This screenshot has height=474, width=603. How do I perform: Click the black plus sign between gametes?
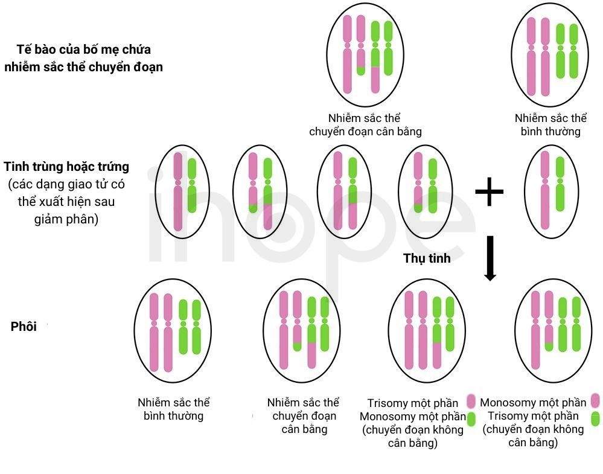(x=489, y=191)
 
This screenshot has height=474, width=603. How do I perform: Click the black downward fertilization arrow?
(x=490, y=258)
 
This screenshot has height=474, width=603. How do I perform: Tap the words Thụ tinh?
(x=427, y=258)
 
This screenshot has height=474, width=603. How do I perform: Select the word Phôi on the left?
(x=24, y=326)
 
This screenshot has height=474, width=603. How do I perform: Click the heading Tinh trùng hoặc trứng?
(x=66, y=167)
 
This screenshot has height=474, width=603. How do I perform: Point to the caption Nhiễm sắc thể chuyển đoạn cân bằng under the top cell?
(x=365, y=124)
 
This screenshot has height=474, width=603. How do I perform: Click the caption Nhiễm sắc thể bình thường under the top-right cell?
(x=550, y=124)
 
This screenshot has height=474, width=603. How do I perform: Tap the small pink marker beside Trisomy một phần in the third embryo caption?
(x=471, y=402)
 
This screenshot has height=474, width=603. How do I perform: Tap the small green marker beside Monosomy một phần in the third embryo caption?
(x=471, y=419)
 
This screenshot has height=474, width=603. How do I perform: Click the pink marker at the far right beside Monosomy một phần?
(x=596, y=400)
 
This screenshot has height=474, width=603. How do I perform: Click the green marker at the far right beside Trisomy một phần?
(x=596, y=418)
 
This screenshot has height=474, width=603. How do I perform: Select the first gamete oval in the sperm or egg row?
(x=182, y=191)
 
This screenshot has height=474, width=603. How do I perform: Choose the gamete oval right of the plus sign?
(x=552, y=191)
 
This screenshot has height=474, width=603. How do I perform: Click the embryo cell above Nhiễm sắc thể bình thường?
(x=173, y=331)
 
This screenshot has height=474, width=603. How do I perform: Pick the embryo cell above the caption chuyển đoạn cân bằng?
(x=302, y=331)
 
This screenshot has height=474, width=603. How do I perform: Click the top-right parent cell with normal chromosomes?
(x=550, y=55)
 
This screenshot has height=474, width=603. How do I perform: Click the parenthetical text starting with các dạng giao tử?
(x=66, y=201)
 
